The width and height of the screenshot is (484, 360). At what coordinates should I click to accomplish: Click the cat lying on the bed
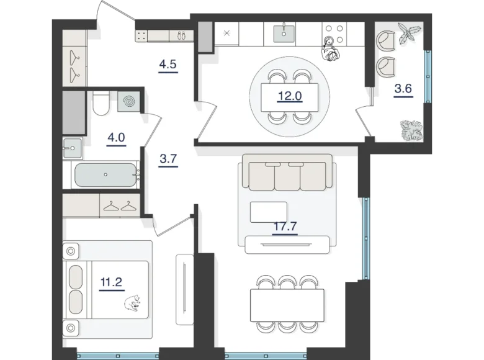(x=132, y=303)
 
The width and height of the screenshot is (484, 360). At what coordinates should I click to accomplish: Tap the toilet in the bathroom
(x=100, y=103)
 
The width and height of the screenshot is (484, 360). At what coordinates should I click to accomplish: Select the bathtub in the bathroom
(x=105, y=175)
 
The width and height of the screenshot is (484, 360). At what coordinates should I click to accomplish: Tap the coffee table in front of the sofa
(x=267, y=212)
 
